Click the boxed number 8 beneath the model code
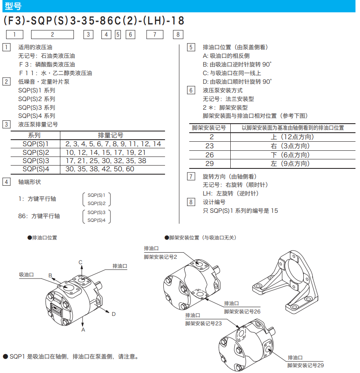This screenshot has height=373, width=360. pos(178,35)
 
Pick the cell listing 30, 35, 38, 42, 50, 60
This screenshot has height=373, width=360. pos(100,169)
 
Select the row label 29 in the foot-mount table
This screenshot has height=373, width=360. pos(210,163)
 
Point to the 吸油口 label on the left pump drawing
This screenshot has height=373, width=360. pos(26,274)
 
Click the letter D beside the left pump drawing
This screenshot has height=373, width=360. pos(114,314)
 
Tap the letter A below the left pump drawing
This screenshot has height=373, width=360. pos(83,329)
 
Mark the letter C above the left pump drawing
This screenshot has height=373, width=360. pos(80,262)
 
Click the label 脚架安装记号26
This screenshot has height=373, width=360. pos(242,311)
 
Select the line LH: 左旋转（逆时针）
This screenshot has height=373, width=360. pos(231,193)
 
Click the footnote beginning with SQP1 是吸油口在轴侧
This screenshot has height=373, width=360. pos(71,357)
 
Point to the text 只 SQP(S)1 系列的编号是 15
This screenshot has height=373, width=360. pos(240,211)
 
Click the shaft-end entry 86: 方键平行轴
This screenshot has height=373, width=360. pos(39,216)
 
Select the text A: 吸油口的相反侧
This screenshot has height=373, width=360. pos(226,56)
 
